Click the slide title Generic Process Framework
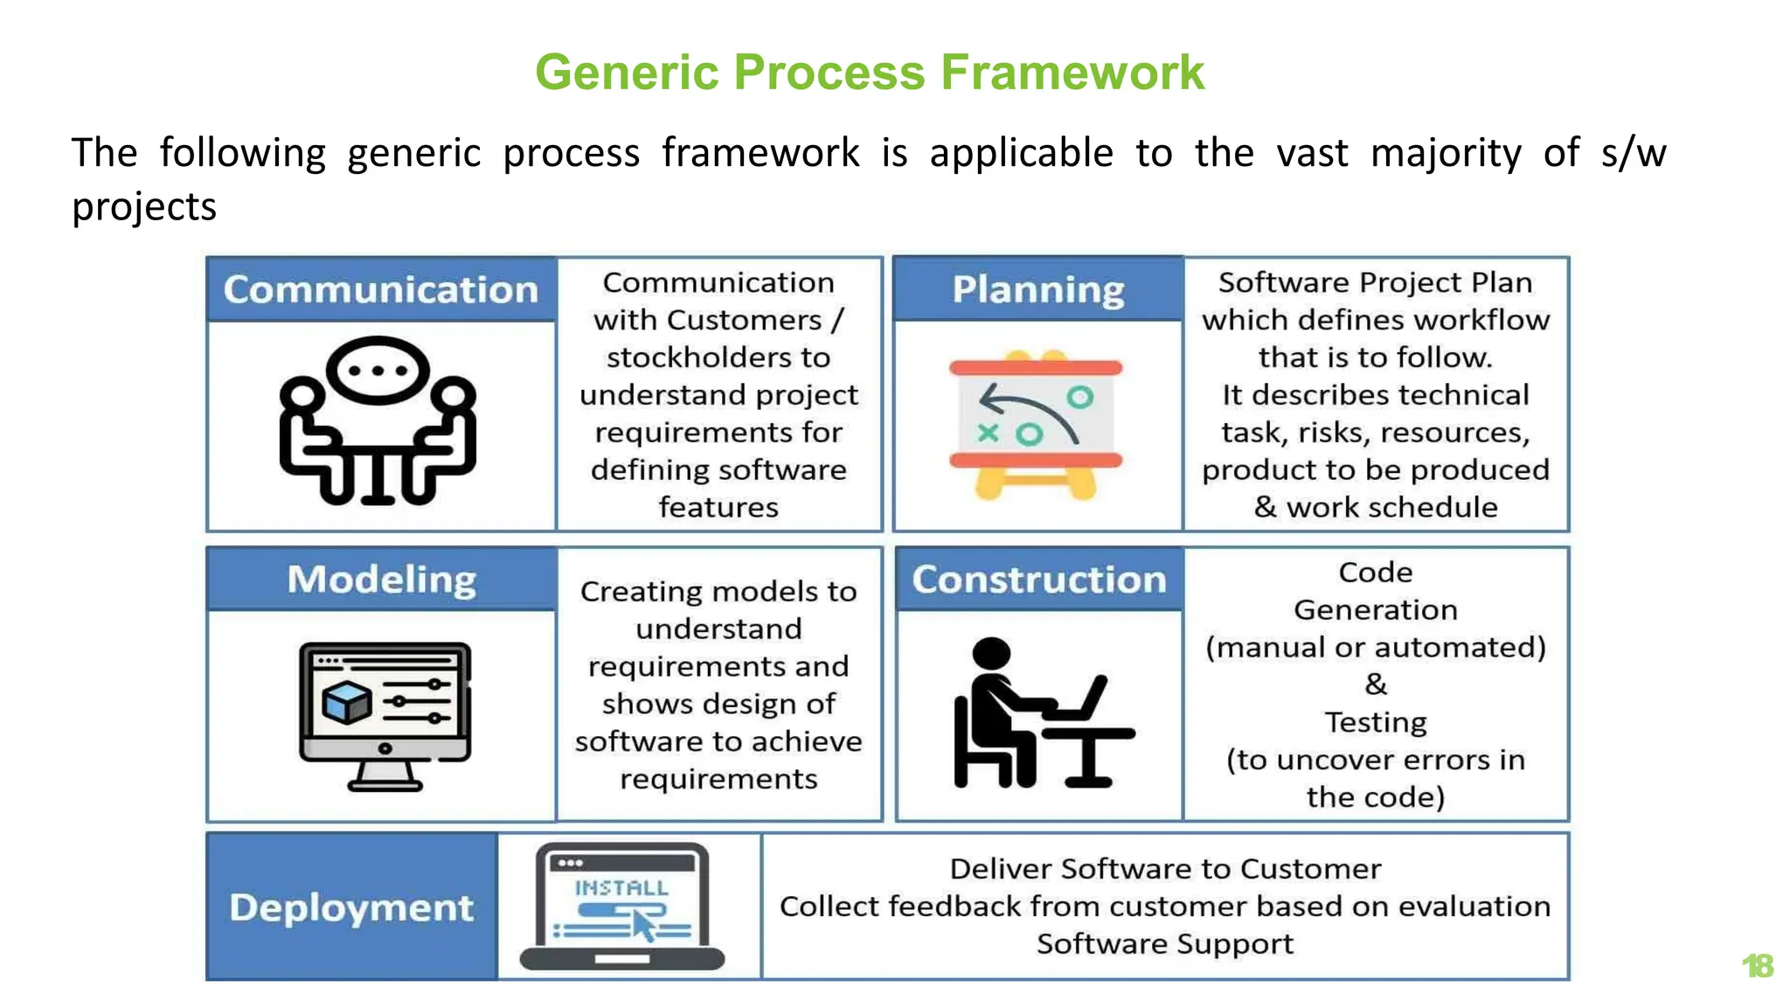869,72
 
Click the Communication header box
381,289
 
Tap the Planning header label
1037,289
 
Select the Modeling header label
382,580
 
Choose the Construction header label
1039,580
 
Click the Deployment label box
351,907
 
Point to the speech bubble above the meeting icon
378,370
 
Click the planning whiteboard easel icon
1036,427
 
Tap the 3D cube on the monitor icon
346,702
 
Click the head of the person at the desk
991,655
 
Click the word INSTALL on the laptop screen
621,888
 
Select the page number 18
1758,966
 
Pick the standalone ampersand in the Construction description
1375,684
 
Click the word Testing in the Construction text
1375,722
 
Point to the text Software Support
1164,944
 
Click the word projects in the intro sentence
144,207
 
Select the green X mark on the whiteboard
988,432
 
